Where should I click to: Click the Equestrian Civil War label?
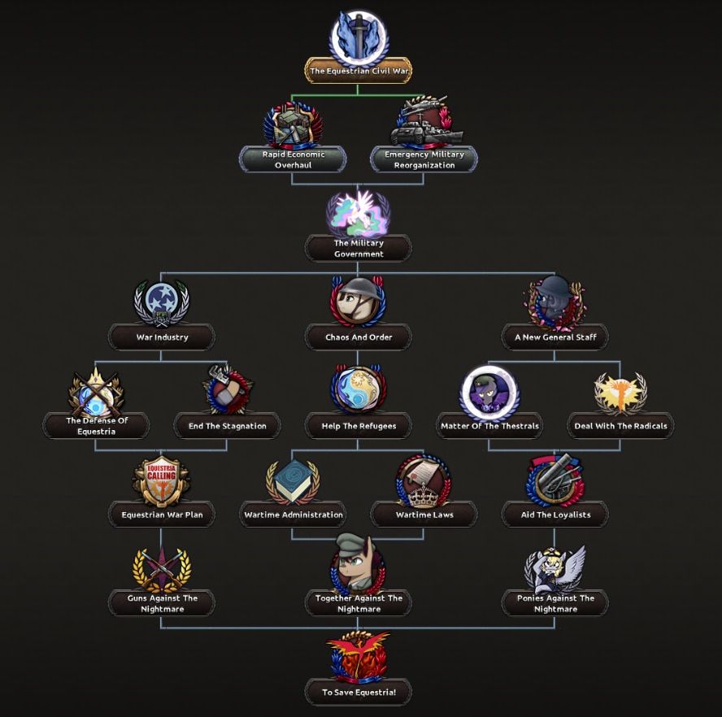pyautogui.click(x=359, y=71)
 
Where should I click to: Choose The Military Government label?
pyautogui.click(x=359, y=248)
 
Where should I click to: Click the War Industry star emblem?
pyautogui.click(x=162, y=302)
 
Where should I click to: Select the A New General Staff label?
pyautogui.click(x=555, y=337)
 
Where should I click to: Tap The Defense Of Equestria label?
pyautogui.click(x=97, y=426)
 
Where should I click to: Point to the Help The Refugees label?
pyautogui.click(x=359, y=426)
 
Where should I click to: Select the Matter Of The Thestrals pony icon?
pyautogui.click(x=489, y=391)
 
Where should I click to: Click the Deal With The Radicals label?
pyautogui.click(x=620, y=426)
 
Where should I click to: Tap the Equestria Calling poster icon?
pyautogui.click(x=162, y=480)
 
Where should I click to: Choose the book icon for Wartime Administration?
pyautogui.click(x=294, y=480)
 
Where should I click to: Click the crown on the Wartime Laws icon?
pyautogui.click(x=424, y=492)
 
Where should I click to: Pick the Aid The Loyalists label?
pyautogui.click(x=555, y=515)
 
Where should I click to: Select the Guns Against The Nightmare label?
pyautogui.click(x=162, y=603)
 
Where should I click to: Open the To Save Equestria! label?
pyautogui.click(x=359, y=693)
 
